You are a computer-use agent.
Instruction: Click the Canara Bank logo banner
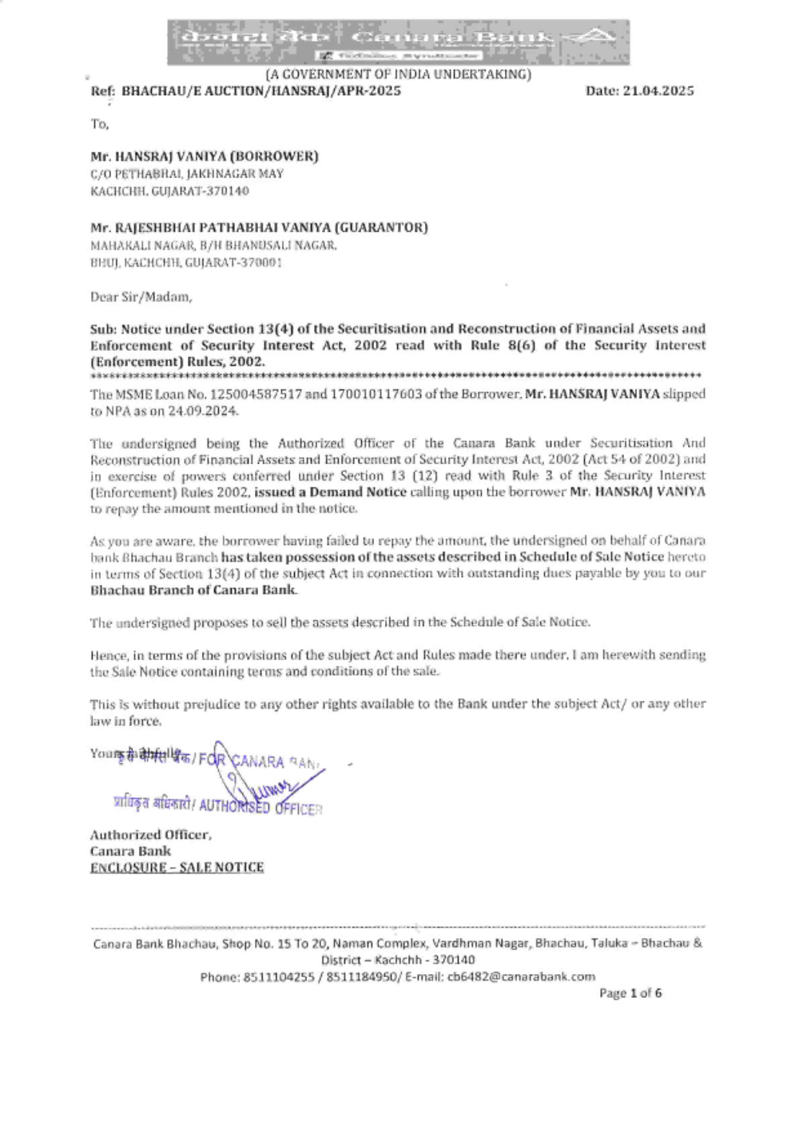click(x=398, y=42)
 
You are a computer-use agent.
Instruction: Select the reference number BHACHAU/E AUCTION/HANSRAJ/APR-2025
click(x=261, y=91)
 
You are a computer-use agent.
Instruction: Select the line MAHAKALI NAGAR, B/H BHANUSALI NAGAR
click(x=213, y=245)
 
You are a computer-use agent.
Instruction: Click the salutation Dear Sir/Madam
click(x=141, y=297)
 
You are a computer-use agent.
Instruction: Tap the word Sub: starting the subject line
click(x=103, y=329)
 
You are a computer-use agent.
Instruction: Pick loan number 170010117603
click(x=376, y=395)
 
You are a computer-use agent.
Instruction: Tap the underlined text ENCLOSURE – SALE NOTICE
click(x=177, y=868)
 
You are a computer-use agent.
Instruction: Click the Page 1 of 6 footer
click(x=630, y=993)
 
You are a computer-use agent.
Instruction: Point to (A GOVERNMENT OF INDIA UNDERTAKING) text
click(x=398, y=74)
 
